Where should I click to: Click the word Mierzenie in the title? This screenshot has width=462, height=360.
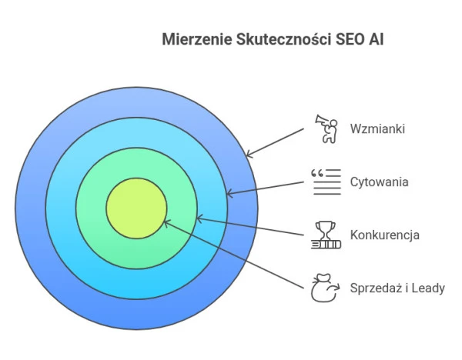coord(197,39)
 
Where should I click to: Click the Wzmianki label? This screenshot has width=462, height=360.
coord(377,128)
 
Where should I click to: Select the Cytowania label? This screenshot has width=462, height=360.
coord(379,182)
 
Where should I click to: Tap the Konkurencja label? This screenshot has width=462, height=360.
coord(384,235)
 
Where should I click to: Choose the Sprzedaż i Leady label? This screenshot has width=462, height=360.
coord(397,288)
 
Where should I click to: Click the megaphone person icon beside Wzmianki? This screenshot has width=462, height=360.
coord(326,129)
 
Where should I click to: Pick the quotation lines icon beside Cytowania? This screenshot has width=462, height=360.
coord(326,182)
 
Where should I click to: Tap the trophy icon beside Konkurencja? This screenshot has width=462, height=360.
coord(326,235)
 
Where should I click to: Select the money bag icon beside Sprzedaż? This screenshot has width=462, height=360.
coord(325,288)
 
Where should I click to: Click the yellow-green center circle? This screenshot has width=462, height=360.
coord(136,208)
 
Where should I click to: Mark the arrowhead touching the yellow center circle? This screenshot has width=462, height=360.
coord(166,223)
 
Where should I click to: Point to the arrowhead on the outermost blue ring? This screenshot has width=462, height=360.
coord(249,153)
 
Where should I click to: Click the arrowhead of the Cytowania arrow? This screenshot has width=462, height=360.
coord(229,193)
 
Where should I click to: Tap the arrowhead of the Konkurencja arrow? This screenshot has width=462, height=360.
coord(199,218)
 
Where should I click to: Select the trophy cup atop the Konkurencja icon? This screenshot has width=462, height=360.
coord(326,228)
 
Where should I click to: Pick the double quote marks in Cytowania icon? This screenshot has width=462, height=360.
coord(317,173)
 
